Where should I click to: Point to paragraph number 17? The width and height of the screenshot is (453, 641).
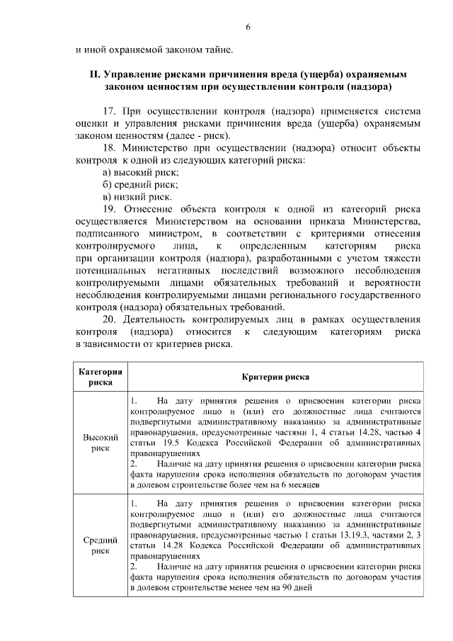[109, 111]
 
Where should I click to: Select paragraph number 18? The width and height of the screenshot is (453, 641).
[109, 148]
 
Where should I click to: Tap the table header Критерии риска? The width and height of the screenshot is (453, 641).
[275, 377]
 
